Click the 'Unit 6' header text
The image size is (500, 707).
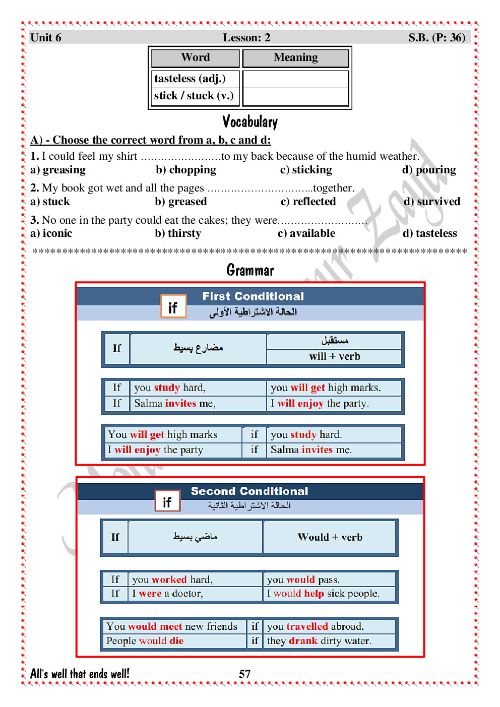[46, 38]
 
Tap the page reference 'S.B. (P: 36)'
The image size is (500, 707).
[436, 38]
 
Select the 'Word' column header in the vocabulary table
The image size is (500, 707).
[196, 58]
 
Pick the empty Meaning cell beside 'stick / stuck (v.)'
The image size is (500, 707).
[295, 97]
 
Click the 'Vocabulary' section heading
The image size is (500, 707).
[250, 122]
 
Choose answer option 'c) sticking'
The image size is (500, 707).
[306, 170]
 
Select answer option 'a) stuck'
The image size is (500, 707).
[50, 202]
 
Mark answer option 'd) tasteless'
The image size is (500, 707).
[430, 234]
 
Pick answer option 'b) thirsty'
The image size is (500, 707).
[178, 234]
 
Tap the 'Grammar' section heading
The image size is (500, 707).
[250, 271]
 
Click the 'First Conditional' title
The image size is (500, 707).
[253, 296]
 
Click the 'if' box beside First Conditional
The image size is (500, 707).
[173, 307]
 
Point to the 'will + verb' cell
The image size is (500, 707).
[335, 357]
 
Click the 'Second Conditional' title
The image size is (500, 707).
[249, 491]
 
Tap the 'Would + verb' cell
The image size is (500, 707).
[330, 538]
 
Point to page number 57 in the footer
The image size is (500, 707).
[245, 674]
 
